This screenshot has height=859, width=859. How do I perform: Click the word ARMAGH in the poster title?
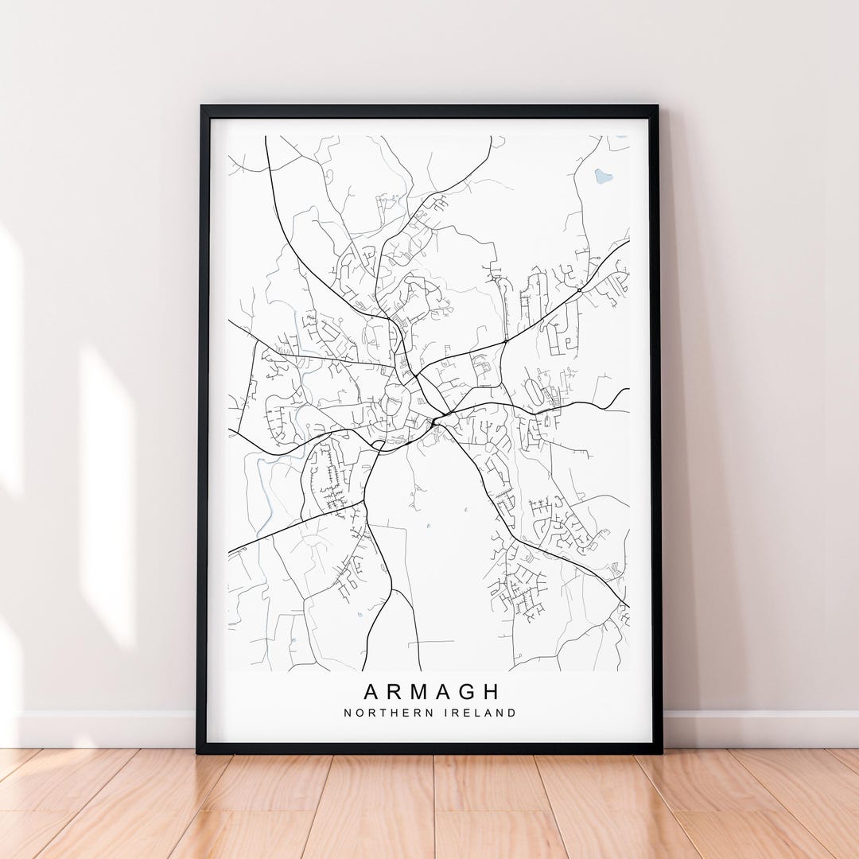[x=432, y=691]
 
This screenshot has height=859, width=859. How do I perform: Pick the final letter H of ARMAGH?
[x=491, y=691]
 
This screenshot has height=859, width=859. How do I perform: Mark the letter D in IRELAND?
[x=511, y=713]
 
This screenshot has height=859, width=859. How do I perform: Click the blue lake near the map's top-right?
[x=604, y=176]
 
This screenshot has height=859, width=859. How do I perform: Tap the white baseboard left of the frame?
[x=103, y=729]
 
